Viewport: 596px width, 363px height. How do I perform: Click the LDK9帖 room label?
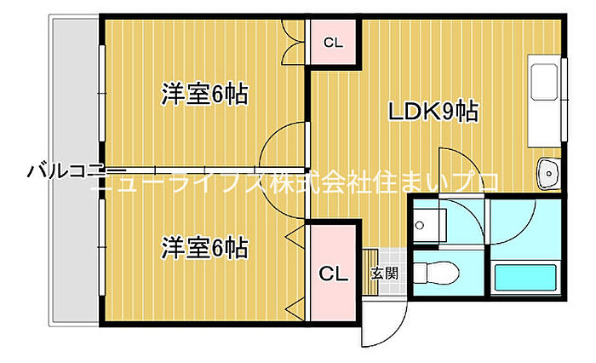click(x=433, y=112)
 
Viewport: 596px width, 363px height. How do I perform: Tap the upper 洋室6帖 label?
click(x=205, y=94)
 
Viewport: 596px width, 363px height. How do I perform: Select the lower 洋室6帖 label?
click(x=205, y=248)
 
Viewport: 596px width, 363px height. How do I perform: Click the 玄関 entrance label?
click(x=385, y=273)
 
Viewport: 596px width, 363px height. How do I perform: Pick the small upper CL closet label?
click(x=334, y=43)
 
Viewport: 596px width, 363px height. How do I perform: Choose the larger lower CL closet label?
click(x=334, y=274)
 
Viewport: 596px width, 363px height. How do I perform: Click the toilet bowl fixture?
click(x=437, y=273)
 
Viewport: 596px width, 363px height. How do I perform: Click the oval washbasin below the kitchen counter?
click(x=548, y=174)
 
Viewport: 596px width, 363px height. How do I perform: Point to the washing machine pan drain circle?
click(x=420, y=226)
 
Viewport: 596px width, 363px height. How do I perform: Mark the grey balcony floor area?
click(x=75, y=170)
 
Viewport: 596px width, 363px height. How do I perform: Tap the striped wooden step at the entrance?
click(x=370, y=272)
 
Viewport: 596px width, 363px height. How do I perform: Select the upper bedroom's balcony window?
click(x=102, y=94)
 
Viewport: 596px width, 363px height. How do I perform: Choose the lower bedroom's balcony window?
click(x=102, y=248)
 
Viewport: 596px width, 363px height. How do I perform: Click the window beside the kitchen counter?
click(x=564, y=100)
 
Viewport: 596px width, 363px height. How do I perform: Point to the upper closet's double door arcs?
click(x=293, y=43)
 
